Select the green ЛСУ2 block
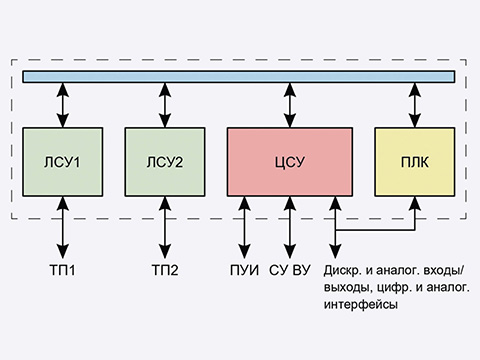click(x=164, y=161)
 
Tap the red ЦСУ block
click(x=289, y=161)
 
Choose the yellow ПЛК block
click(x=413, y=161)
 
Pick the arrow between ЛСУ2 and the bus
click(x=164, y=105)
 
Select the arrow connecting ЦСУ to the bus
click(x=289, y=105)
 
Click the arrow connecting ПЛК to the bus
click(x=413, y=105)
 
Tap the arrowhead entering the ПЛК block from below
click(x=413, y=202)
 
